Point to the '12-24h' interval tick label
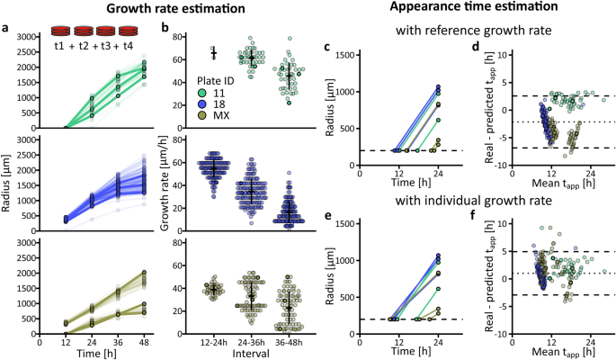pos(213,342)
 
